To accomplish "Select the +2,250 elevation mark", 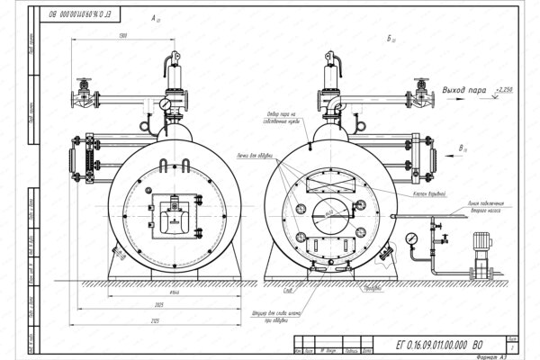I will coord(505,92).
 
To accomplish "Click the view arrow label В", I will coord(462,147).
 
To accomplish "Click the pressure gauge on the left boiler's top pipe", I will coord(166,104).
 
